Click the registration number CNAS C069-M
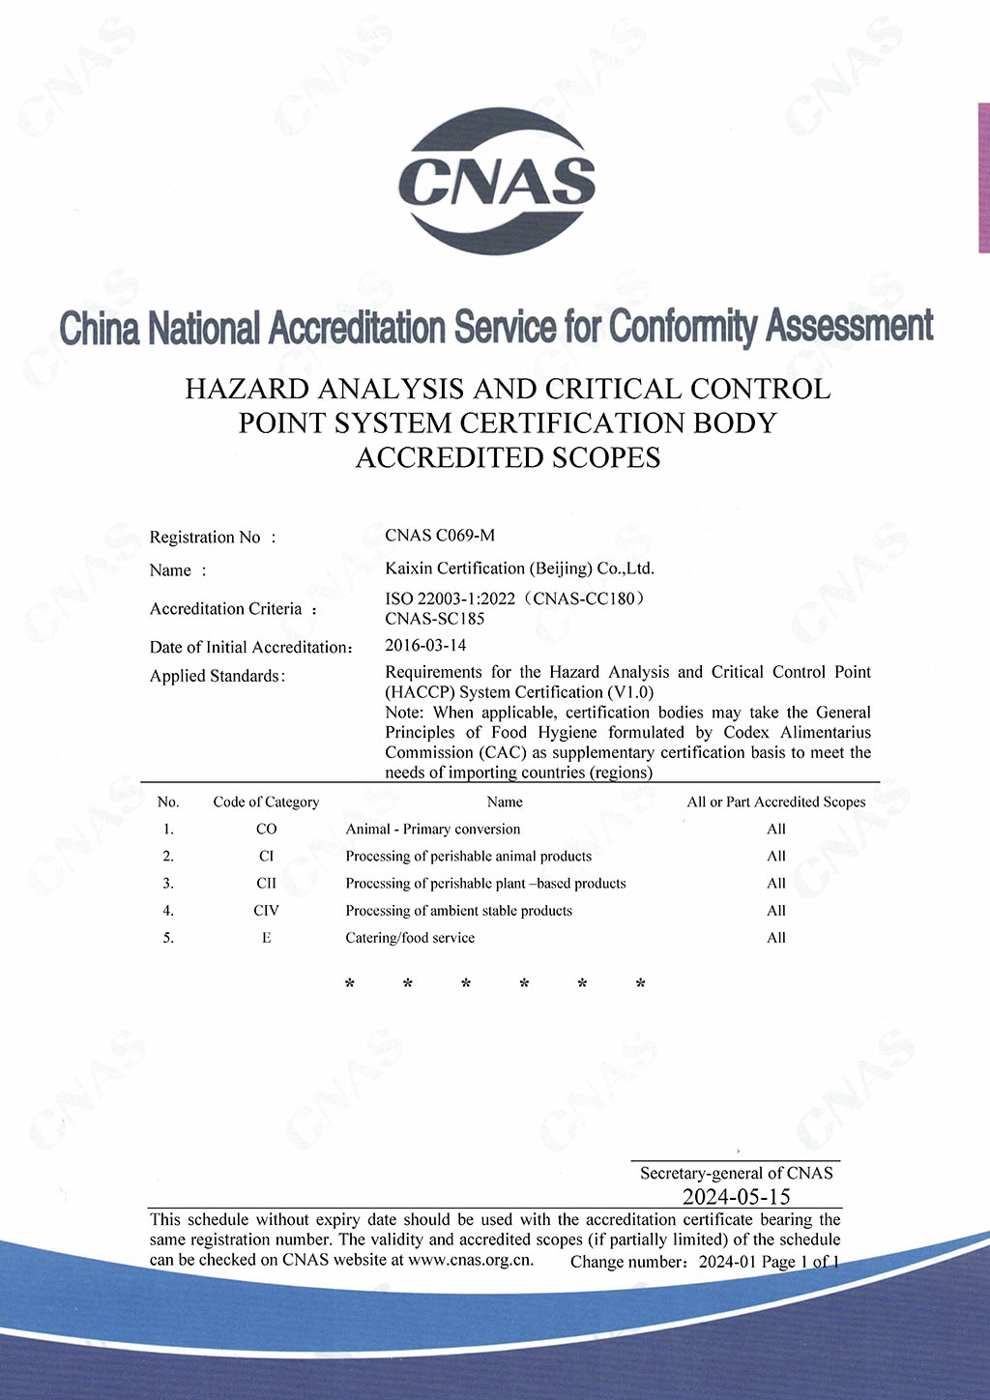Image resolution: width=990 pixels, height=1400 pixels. [x=440, y=535]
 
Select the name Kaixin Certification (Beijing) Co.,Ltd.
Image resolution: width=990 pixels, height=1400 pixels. [x=519, y=569]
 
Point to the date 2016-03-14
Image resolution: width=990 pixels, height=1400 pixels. [x=425, y=645]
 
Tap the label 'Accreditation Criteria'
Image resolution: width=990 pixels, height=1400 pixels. [x=226, y=609]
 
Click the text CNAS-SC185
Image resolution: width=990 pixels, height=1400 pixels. [x=434, y=619]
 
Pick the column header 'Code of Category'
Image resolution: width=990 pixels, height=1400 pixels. [x=266, y=802]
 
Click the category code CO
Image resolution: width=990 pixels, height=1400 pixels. [x=266, y=829]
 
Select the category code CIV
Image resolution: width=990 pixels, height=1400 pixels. [x=266, y=910]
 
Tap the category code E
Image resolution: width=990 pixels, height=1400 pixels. [x=266, y=937]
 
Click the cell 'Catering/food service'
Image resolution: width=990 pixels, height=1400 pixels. [x=410, y=937]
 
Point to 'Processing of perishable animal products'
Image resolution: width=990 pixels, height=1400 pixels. [x=468, y=856]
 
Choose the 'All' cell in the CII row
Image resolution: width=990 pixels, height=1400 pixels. [x=776, y=883]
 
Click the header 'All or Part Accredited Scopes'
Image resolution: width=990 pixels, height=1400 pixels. [x=776, y=802]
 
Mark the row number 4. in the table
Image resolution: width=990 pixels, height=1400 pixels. [x=168, y=910]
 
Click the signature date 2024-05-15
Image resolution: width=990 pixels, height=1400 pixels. [x=736, y=1196]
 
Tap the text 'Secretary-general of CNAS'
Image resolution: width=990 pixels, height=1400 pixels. [x=736, y=1173]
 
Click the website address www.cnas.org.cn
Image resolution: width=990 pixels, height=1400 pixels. [x=471, y=1260]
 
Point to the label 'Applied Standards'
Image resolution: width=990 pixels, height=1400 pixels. [x=217, y=676]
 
